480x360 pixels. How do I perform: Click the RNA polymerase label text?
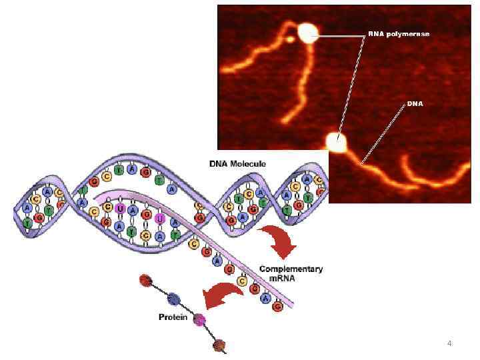click(399, 33)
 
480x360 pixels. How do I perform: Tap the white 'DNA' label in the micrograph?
click(415, 104)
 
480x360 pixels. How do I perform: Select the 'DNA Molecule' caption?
click(237, 163)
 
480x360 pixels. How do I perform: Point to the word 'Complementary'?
click(291, 269)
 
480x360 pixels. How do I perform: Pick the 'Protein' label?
click(173, 317)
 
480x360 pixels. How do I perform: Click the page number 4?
click(449, 343)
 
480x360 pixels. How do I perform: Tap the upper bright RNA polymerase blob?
click(308, 33)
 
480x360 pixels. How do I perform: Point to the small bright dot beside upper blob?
click(291, 39)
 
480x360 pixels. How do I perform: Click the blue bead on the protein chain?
click(173, 299)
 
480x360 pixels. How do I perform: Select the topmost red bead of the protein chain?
click(146, 280)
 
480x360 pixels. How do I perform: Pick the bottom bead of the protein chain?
click(219, 345)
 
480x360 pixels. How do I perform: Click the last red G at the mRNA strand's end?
click(277, 307)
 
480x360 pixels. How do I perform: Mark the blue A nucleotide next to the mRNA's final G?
click(265, 299)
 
